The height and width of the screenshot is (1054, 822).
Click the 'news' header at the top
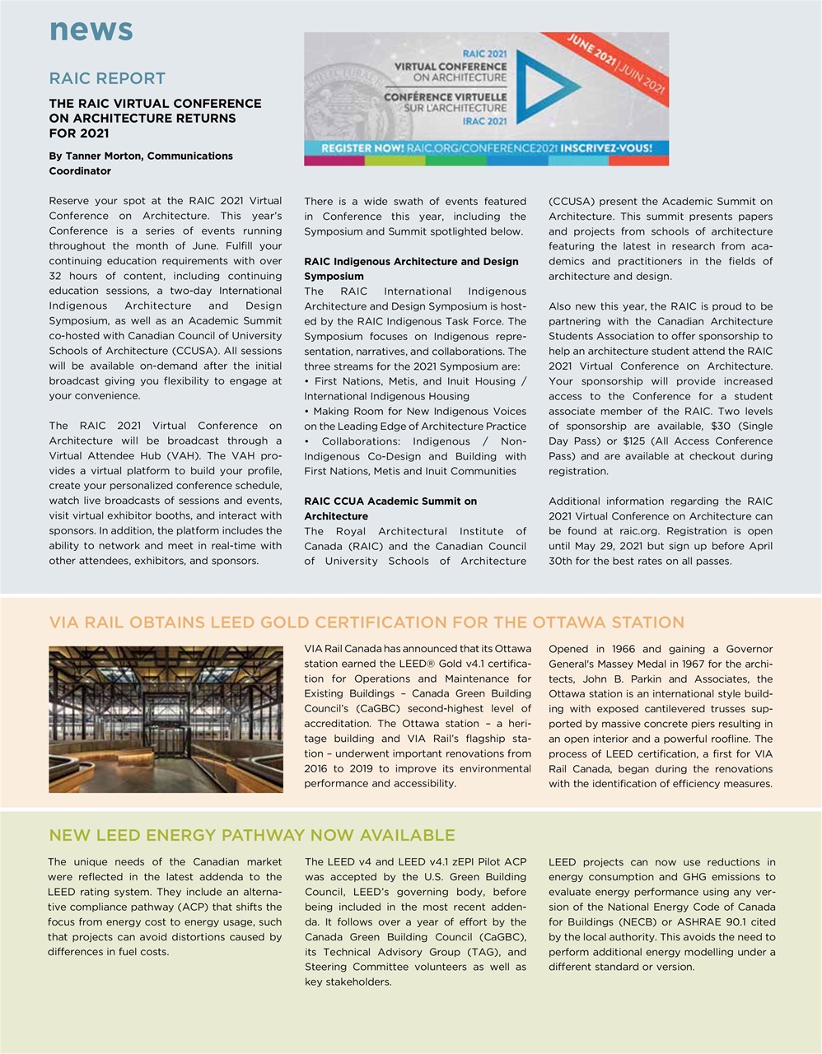point(91,30)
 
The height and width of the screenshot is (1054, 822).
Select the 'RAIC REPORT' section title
point(107,78)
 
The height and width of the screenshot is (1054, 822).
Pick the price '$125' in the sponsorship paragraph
point(635,441)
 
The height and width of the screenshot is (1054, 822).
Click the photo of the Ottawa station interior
point(166,719)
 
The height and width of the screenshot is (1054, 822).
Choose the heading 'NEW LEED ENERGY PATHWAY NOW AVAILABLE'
point(252,836)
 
